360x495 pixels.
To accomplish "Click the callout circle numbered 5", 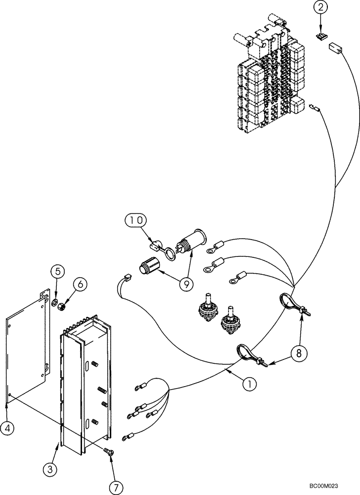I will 57,271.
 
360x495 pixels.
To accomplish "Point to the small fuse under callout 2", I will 321,37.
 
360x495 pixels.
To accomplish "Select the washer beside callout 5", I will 55,301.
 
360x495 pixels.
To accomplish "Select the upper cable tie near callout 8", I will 294,305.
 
